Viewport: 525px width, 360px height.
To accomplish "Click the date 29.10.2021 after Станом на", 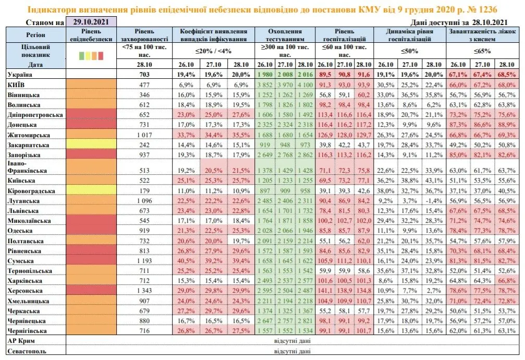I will [x=91, y=22].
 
